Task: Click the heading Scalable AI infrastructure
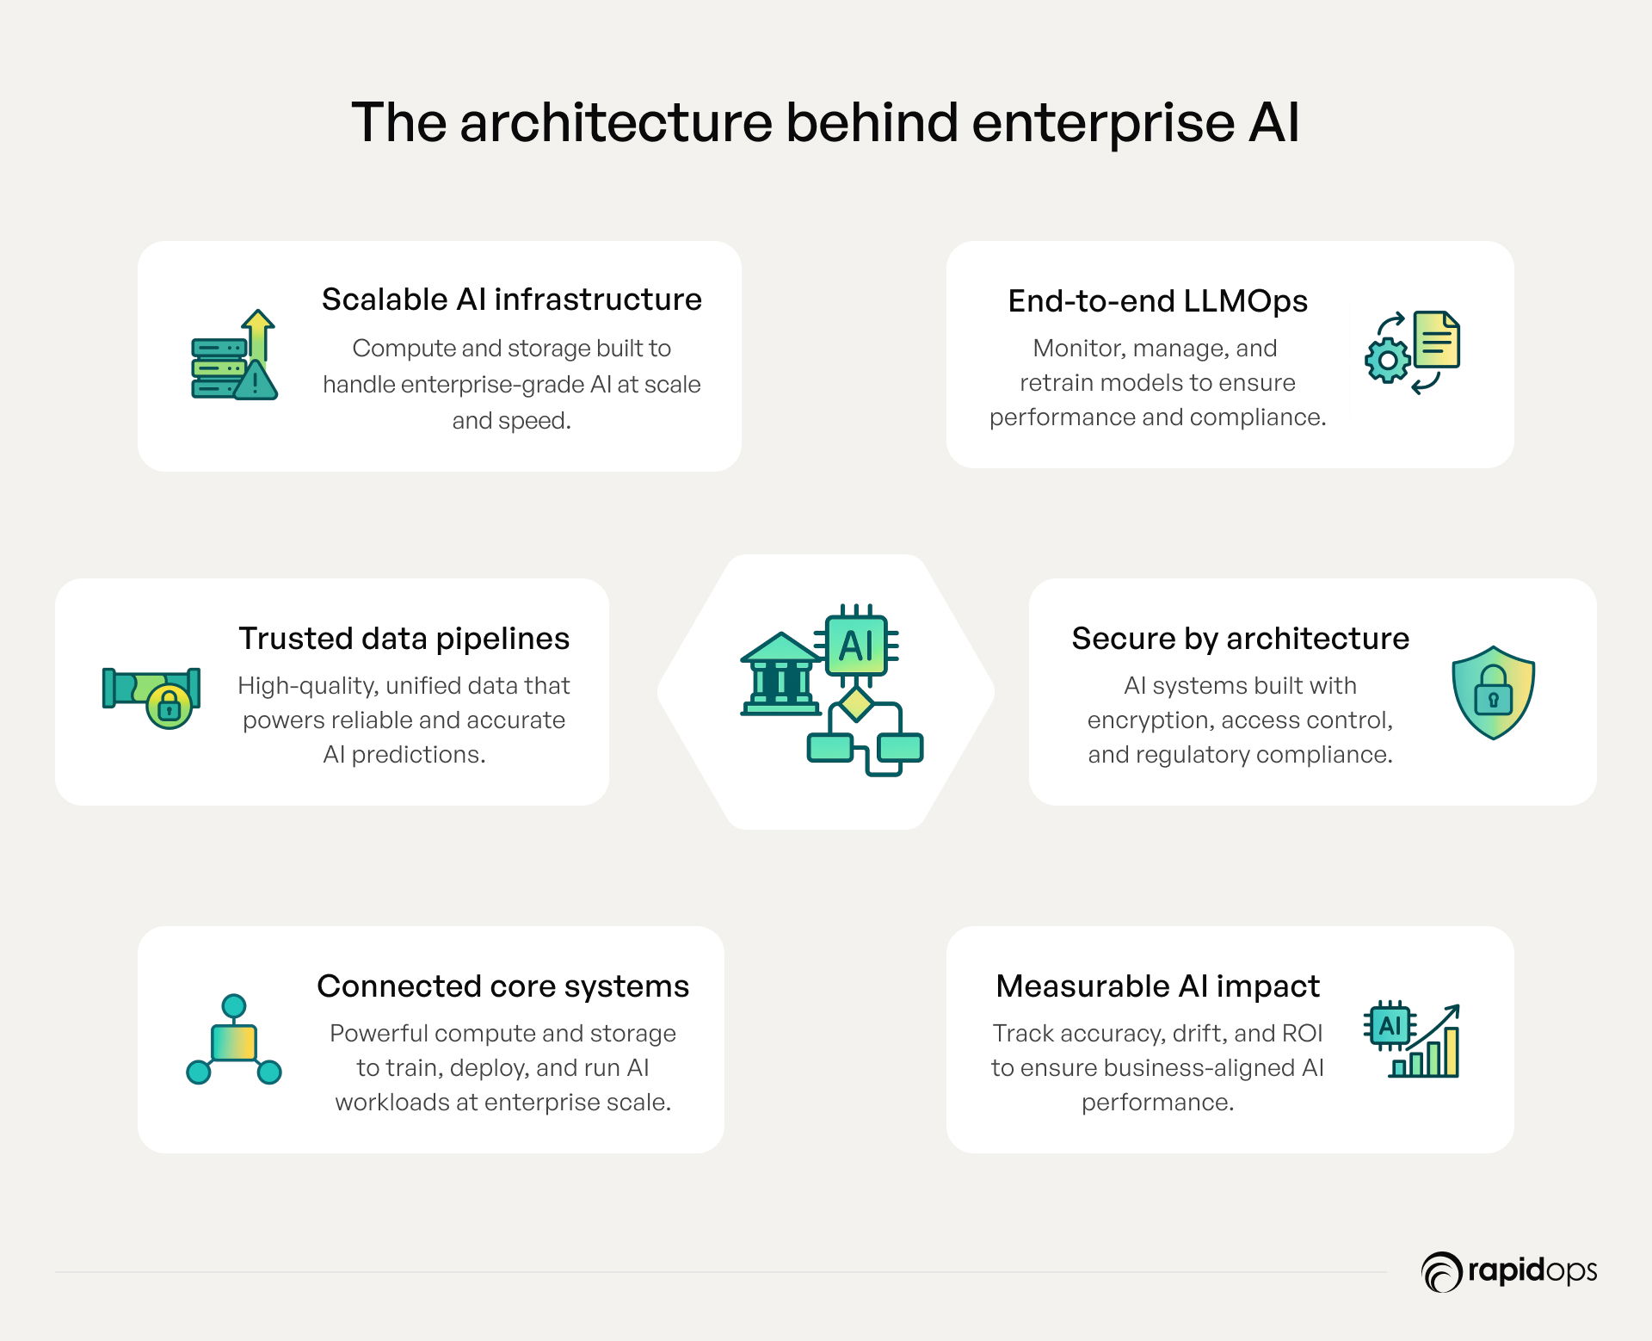click(512, 300)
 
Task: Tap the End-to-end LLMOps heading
click(1157, 301)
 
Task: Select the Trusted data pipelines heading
click(404, 639)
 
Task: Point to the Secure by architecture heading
click(1240, 639)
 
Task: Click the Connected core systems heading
click(503, 986)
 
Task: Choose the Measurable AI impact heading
click(1157, 986)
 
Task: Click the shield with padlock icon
click(1493, 692)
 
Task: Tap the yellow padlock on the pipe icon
click(170, 708)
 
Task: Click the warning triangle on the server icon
click(256, 380)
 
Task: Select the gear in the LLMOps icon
click(1387, 361)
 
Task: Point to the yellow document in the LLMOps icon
click(1437, 339)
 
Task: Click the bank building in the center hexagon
click(781, 675)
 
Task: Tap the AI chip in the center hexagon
click(856, 646)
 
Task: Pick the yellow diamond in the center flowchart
click(856, 704)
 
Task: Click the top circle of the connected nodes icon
click(234, 1006)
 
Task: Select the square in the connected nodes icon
click(234, 1042)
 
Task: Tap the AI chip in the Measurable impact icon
click(1390, 1026)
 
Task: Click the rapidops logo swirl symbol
click(1441, 1272)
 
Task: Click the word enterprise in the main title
click(1103, 123)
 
